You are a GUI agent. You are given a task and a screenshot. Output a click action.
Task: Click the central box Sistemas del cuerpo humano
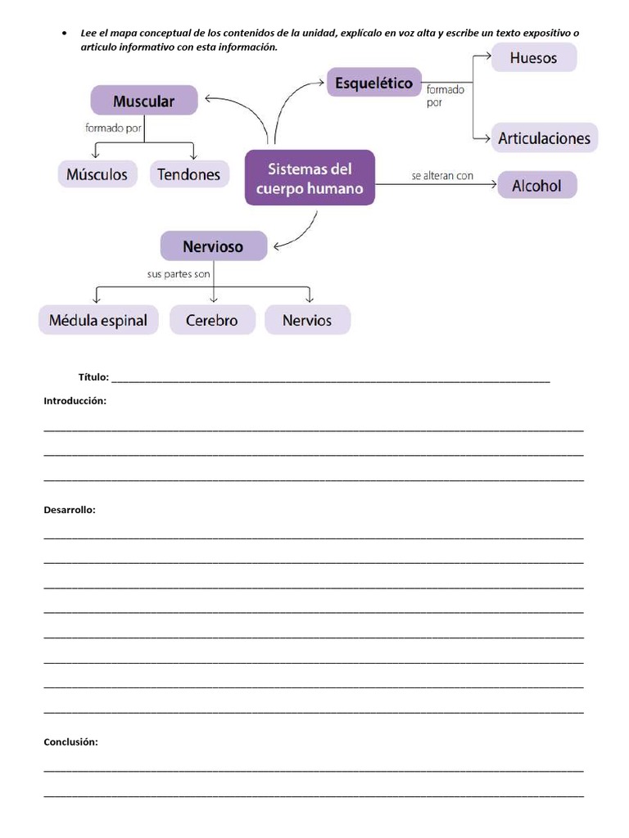click(310, 178)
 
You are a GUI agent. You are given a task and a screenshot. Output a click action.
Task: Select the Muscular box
click(144, 101)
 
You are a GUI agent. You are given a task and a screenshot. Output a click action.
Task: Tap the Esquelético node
click(373, 83)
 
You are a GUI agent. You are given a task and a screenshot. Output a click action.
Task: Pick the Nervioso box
click(213, 246)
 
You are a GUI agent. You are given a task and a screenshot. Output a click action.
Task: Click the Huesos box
click(533, 57)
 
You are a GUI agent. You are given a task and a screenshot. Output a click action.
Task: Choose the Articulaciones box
click(544, 137)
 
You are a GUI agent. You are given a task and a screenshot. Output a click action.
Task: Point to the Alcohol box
click(536, 186)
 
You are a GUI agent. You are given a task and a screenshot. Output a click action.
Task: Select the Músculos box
click(97, 174)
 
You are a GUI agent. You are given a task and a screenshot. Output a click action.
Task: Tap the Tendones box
click(189, 174)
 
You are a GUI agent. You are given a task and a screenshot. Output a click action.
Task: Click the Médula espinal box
click(98, 320)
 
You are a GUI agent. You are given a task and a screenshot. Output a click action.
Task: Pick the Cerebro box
click(212, 320)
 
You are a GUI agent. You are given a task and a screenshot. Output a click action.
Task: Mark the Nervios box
click(307, 320)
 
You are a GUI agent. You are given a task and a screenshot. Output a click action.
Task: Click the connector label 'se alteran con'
click(442, 176)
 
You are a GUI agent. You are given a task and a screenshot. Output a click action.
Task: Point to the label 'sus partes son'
click(179, 274)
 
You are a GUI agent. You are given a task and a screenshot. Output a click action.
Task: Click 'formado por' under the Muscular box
click(113, 128)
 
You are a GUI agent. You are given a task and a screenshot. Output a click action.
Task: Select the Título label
click(93, 377)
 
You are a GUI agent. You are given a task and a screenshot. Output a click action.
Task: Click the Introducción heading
click(75, 401)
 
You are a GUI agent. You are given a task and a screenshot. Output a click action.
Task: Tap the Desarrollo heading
click(70, 510)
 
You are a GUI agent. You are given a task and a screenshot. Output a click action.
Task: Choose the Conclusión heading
click(70, 742)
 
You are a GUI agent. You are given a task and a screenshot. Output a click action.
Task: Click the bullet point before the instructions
click(64, 34)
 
